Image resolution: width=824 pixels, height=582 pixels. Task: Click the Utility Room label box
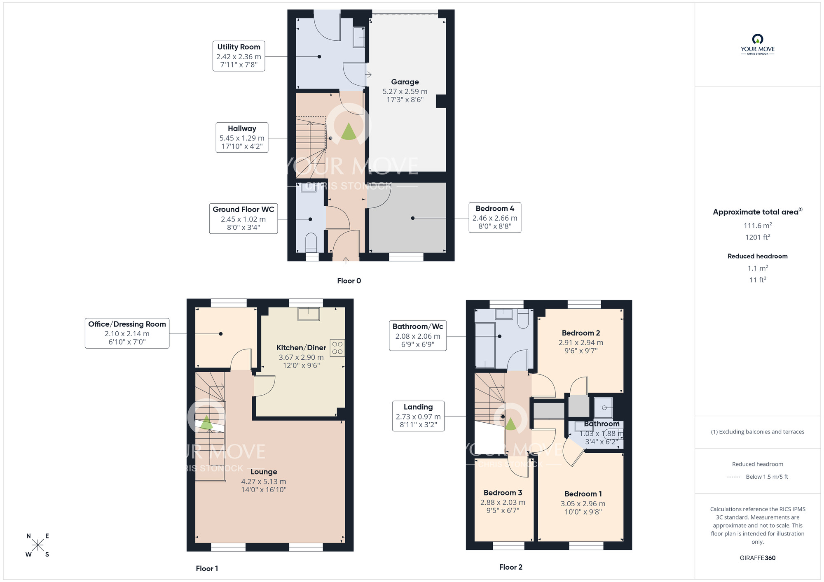[x=239, y=56]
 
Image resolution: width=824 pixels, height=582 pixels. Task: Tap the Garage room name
[x=405, y=82]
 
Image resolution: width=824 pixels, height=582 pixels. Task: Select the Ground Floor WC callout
[x=243, y=219]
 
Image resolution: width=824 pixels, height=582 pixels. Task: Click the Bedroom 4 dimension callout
[x=494, y=217]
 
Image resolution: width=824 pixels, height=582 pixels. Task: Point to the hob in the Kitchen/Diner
[x=337, y=348]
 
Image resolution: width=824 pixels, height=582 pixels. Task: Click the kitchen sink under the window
[x=309, y=314]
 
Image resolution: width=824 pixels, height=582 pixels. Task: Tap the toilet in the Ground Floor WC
[x=311, y=243]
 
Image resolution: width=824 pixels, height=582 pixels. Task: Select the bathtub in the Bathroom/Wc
[x=485, y=345]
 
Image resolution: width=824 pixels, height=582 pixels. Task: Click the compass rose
[x=37, y=545]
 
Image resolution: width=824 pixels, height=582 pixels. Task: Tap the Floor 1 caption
[x=207, y=568]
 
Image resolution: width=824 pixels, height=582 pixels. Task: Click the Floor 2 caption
[x=510, y=567]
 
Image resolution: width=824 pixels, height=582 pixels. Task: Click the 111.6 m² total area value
[x=757, y=226]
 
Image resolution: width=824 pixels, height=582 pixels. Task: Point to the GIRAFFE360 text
[x=757, y=558]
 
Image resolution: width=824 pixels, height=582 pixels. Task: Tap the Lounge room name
[x=264, y=472]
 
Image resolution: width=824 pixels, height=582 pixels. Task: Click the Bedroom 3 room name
[x=503, y=493]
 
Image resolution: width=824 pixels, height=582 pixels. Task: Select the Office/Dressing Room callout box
[x=127, y=333]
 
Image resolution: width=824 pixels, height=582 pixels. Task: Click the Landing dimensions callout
[x=418, y=416]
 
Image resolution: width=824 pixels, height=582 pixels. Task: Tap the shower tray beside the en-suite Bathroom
[x=603, y=407]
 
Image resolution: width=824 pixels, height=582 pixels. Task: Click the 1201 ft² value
[x=757, y=237]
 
